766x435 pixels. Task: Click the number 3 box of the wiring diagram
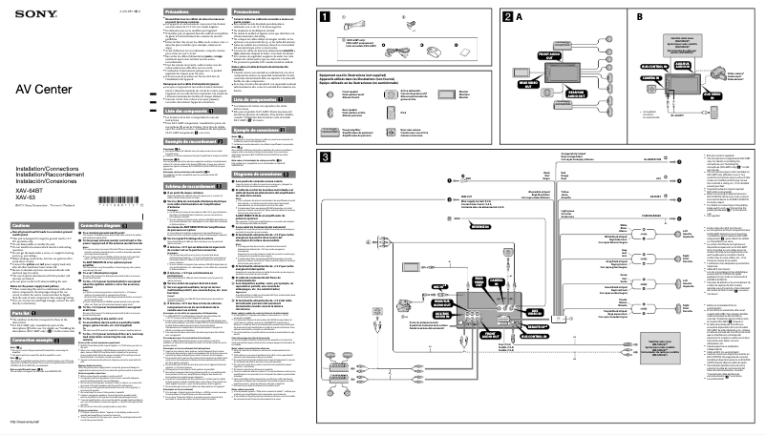(x=326, y=157)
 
